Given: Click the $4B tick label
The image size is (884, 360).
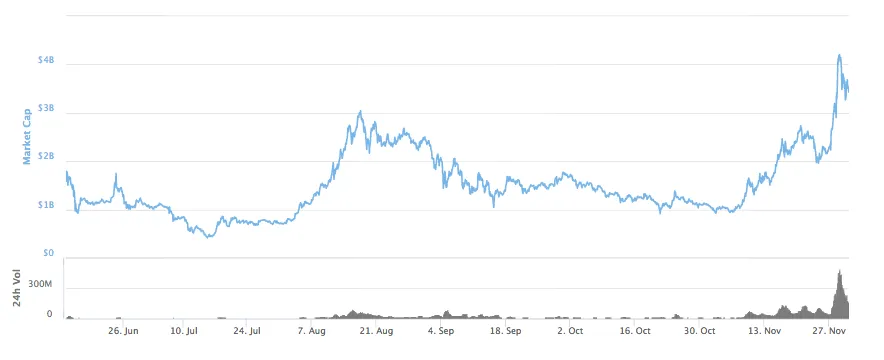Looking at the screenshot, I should point(46,62).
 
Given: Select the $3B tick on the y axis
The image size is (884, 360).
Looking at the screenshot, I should point(46,109).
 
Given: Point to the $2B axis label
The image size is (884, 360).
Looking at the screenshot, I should point(46,158).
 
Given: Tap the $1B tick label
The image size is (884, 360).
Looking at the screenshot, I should point(46,206).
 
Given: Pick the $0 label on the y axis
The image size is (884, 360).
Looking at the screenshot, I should point(49,254).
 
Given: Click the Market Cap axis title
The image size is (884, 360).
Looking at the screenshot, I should point(27,136).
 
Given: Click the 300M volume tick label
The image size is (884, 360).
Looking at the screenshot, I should point(40,285).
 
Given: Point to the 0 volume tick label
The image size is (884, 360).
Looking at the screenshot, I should point(49,314).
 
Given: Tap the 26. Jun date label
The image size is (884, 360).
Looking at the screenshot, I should point(122,330).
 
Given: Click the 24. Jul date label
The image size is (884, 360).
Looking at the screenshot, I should point(247,330).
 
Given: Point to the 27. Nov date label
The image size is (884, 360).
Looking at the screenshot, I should point(829,330).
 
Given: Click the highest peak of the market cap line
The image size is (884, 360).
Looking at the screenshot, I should point(839,55).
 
